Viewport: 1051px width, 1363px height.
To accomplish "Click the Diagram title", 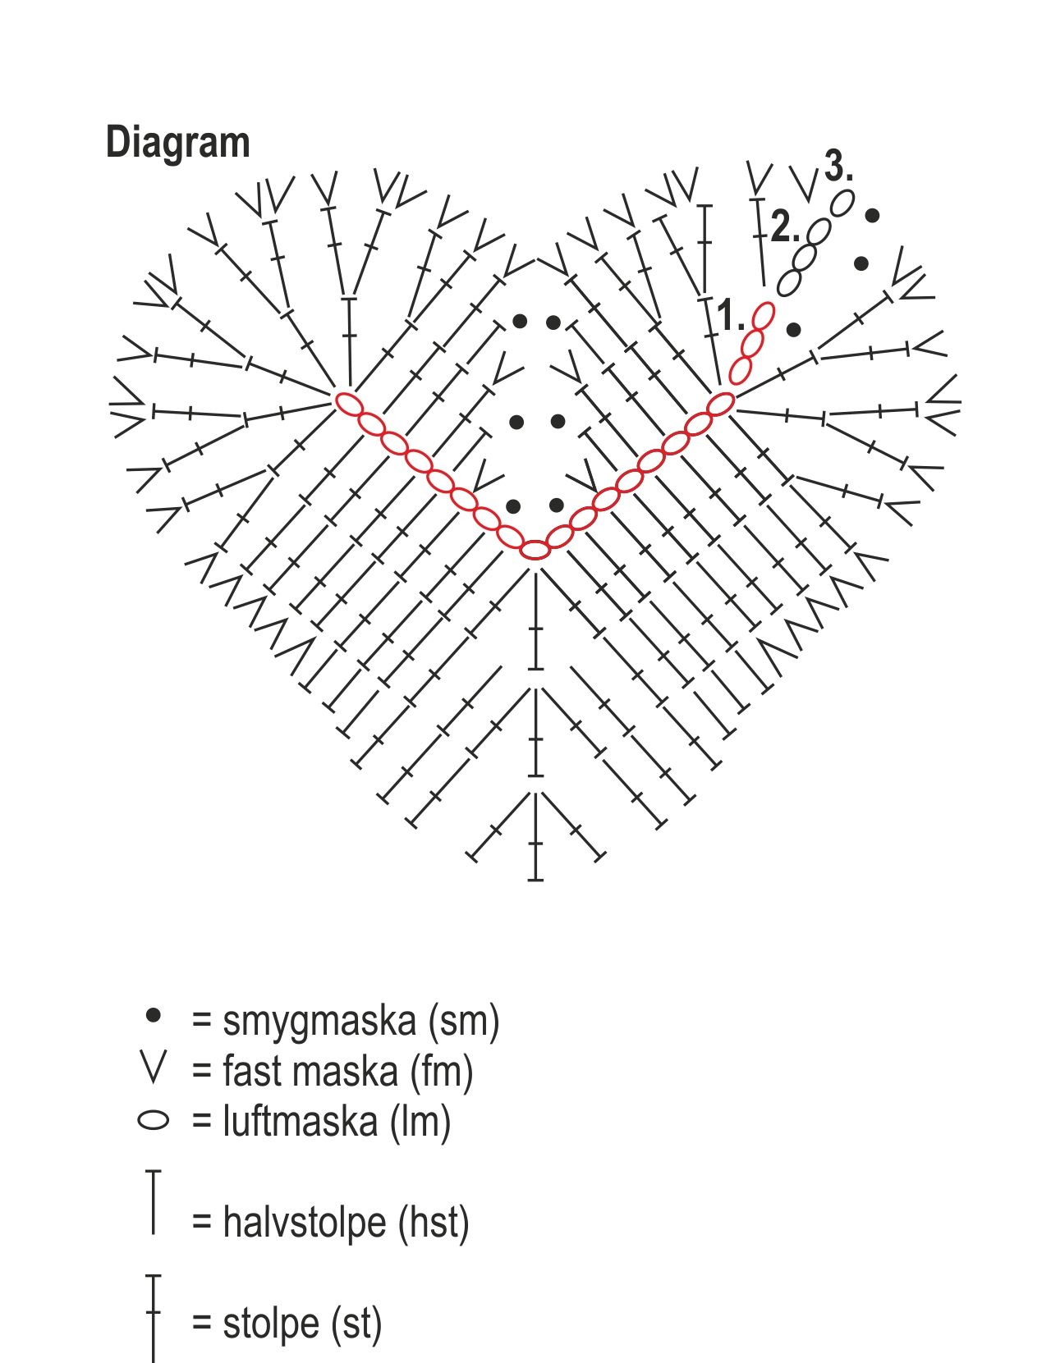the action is (x=177, y=143).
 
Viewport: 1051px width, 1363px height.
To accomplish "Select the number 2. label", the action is (x=783, y=226).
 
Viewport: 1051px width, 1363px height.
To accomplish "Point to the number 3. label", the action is (x=838, y=167).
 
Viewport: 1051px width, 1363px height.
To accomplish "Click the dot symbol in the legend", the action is (x=153, y=1016).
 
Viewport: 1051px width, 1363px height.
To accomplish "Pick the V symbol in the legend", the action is (x=154, y=1066).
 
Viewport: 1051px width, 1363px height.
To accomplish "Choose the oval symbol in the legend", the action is (x=154, y=1119).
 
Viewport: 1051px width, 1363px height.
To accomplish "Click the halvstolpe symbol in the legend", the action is (x=154, y=1202).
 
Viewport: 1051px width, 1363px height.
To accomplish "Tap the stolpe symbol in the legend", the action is (x=154, y=1317).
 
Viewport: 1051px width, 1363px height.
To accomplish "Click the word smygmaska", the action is (x=319, y=1021).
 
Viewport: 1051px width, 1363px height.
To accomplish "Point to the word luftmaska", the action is (x=301, y=1121).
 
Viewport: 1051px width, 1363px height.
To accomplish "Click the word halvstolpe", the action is (x=305, y=1223).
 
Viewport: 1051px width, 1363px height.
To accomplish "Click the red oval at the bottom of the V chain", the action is (x=535, y=550).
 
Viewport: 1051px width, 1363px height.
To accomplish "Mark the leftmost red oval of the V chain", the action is (x=348, y=403).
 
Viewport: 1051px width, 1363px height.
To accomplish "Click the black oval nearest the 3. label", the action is (x=841, y=203).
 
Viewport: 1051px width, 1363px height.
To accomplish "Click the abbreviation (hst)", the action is (x=434, y=1223).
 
